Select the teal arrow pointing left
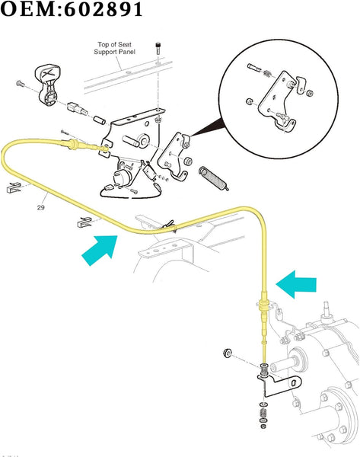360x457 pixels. (296, 285)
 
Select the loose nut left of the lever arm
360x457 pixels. (227, 353)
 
